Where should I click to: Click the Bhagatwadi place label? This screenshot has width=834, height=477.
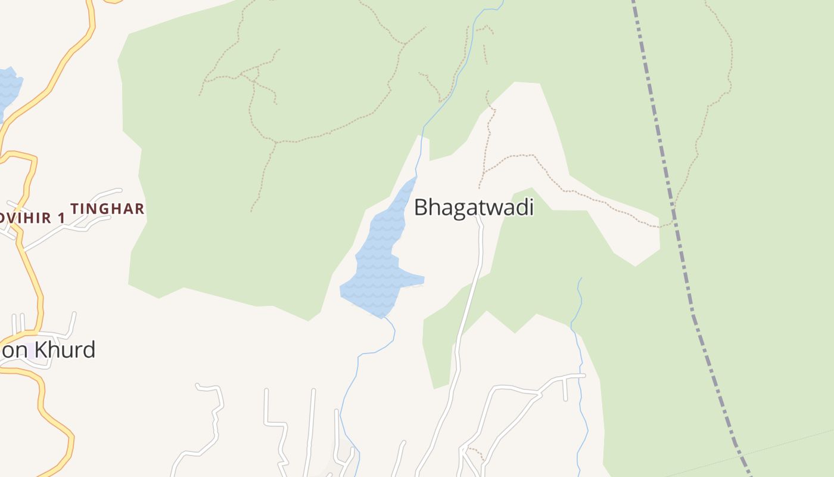[x=474, y=207]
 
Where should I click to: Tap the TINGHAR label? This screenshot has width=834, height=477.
[x=107, y=209]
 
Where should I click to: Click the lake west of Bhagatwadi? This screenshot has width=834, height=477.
[x=378, y=262]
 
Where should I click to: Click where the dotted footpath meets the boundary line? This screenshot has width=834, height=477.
[x=674, y=222]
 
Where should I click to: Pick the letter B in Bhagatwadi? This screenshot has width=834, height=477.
[x=421, y=208]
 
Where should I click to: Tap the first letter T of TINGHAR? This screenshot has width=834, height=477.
[x=74, y=209]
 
